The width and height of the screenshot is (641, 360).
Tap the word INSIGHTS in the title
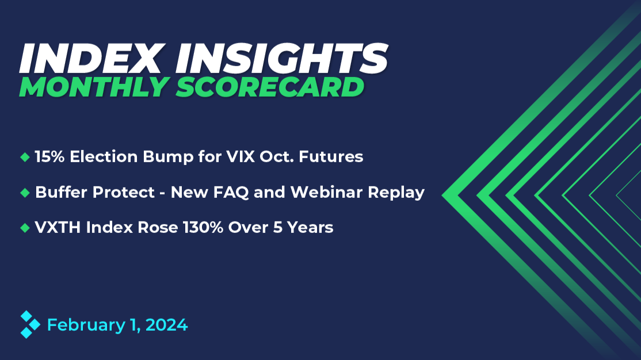282,59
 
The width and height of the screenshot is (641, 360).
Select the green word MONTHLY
94,87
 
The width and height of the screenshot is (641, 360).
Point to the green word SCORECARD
270,87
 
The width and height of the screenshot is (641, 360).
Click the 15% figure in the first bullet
49,156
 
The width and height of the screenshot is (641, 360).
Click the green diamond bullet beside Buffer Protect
25,193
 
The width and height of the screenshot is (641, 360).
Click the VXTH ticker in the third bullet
58,227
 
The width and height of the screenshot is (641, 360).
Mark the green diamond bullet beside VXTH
25,228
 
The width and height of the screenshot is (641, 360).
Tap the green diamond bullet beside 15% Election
25,157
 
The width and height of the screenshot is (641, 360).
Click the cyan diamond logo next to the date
30,324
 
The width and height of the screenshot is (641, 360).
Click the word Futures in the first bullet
331,156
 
